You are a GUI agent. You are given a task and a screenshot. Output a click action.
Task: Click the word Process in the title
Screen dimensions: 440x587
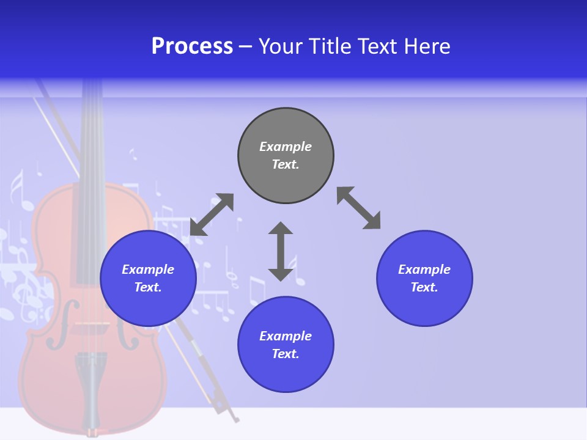click(x=192, y=46)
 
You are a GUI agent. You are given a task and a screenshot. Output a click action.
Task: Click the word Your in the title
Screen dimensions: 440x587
click(x=282, y=46)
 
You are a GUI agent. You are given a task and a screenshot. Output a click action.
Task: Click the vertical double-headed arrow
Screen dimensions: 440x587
click(x=281, y=251)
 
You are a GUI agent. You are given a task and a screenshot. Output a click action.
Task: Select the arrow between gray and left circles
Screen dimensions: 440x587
click(x=212, y=215)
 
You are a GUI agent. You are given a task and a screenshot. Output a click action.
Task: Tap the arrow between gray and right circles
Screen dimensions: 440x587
click(x=359, y=208)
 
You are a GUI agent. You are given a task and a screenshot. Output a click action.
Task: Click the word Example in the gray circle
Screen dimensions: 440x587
click(x=286, y=147)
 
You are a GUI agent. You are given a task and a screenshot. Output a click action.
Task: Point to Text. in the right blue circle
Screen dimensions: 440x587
click(x=424, y=287)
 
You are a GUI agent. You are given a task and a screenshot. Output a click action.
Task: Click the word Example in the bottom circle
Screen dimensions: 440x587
click(x=286, y=336)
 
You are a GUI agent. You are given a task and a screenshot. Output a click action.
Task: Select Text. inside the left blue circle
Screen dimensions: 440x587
click(x=148, y=287)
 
